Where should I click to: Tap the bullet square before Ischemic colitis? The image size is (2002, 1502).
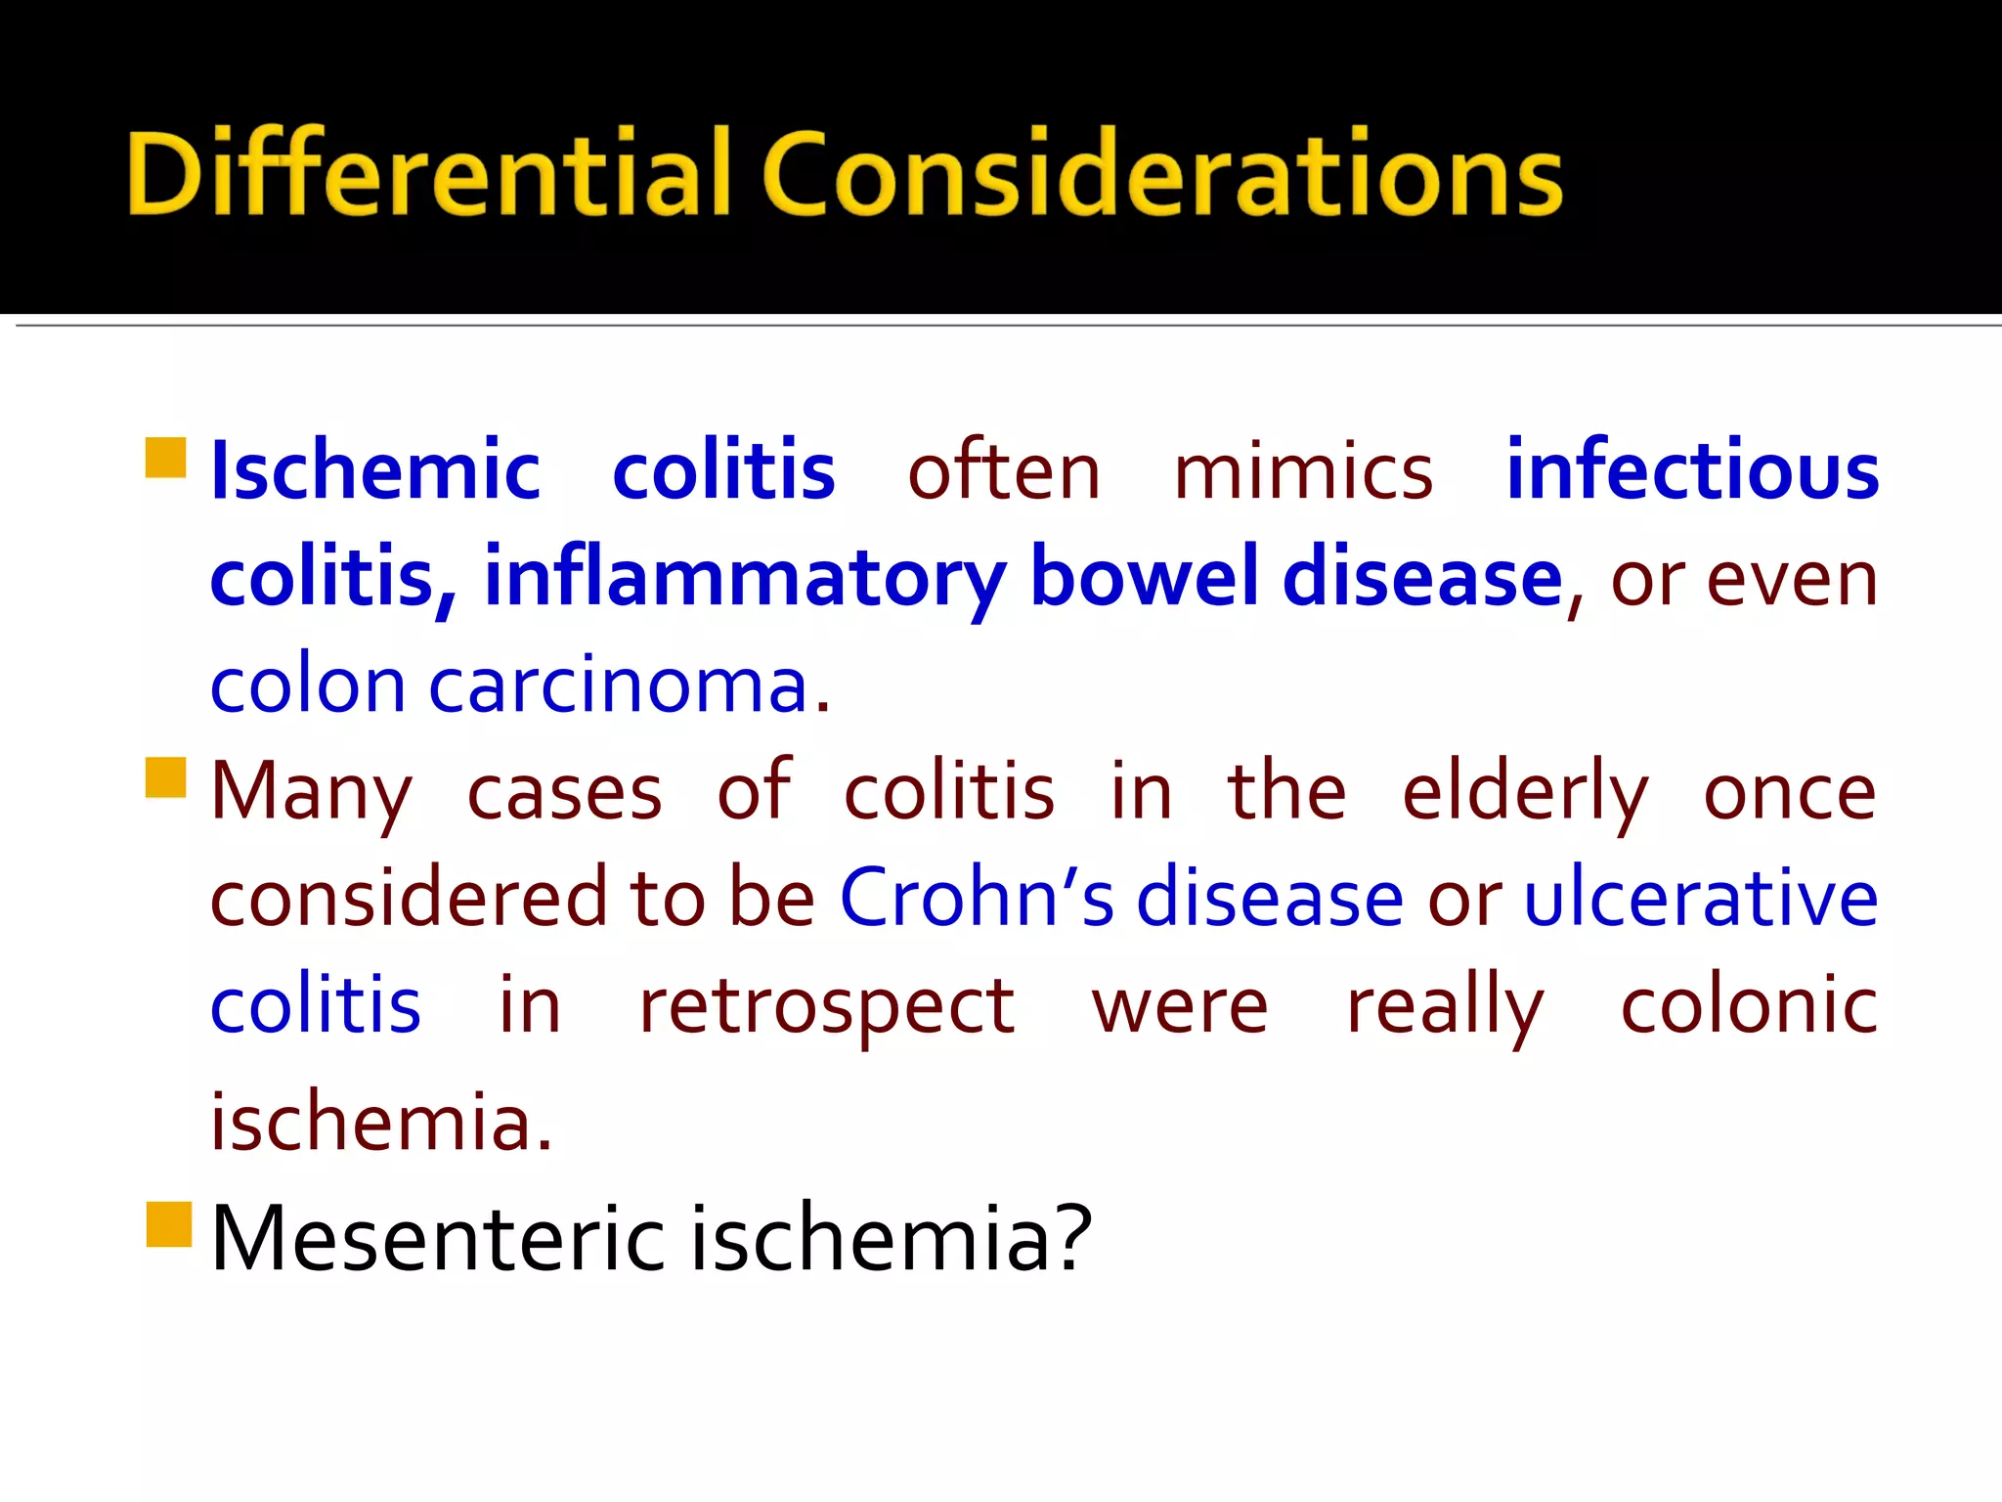tap(166, 458)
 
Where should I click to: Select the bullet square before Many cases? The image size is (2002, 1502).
tap(166, 777)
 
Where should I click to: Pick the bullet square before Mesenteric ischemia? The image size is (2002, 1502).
tap(168, 1224)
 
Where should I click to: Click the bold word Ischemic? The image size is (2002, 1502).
tap(375, 471)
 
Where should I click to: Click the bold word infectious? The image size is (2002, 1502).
tap(1691, 471)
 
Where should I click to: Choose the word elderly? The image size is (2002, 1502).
tap(1524, 792)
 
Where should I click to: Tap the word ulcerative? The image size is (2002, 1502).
tap(1700, 898)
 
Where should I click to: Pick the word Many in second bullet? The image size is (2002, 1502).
tap(311, 792)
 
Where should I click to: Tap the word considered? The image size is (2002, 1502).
tap(409, 898)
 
